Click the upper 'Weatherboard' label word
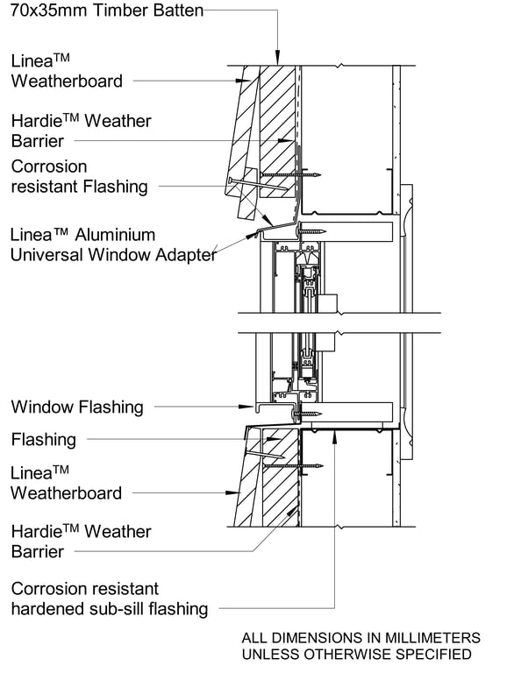click(x=66, y=81)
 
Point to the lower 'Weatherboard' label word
click(x=66, y=492)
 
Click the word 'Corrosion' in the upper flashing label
click(x=49, y=166)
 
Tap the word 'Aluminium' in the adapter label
click(x=115, y=235)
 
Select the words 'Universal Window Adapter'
click(x=113, y=255)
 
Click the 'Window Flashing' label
click(x=76, y=407)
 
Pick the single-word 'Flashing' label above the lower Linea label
click(x=43, y=439)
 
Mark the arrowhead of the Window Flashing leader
click(x=252, y=407)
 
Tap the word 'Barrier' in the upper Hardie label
click(x=37, y=140)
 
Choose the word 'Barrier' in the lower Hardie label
click(x=37, y=551)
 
